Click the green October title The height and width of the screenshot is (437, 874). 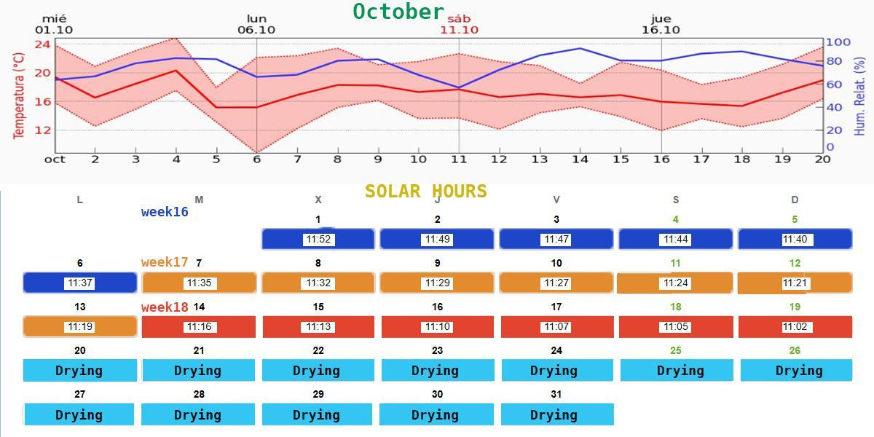coord(398,12)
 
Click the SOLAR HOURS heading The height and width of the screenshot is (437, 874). coord(425,192)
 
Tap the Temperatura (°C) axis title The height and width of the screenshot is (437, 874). coord(19,90)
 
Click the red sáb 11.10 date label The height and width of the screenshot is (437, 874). coord(459,25)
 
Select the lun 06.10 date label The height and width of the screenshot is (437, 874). coord(256,25)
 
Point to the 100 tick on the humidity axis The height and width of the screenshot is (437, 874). coord(838,42)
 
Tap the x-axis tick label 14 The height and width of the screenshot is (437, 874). coord(580,160)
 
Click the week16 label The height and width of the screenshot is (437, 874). coord(165,212)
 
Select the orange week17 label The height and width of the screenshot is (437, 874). coord(165,262)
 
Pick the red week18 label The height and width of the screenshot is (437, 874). coord(165,307)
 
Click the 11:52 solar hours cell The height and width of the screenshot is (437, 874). coord(318,240)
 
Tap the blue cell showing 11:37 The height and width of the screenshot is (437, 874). coord(79,283)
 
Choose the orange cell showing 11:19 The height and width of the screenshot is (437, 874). coord(79,327)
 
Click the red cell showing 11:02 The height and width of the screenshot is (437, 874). coord(795,327)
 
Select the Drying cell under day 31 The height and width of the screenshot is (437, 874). coord(556,414)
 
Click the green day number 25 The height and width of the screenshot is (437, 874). coord(676,350)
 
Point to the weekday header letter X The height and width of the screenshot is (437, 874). coord(318,200)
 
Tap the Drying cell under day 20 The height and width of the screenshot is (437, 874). coord(79,371)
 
